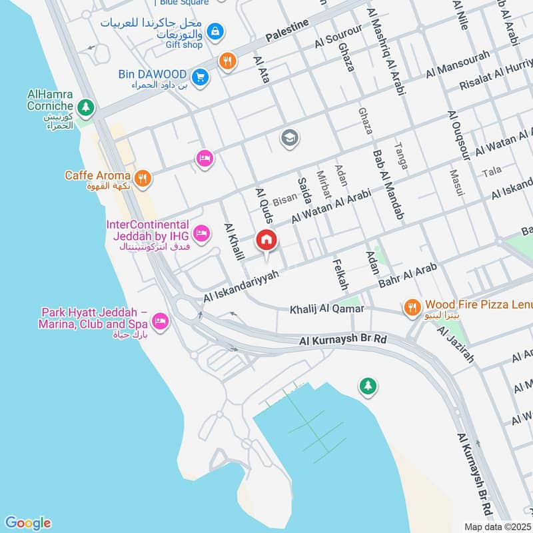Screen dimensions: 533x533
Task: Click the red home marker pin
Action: (x=266, y=240)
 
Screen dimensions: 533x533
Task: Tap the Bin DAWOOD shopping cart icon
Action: (x=201, y=77)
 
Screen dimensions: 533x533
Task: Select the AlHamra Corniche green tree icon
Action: (x=85, y=107)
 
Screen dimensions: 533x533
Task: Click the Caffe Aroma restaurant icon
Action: (x=142, y=178)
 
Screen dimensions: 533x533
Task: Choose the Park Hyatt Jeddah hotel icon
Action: (x=160, y=322)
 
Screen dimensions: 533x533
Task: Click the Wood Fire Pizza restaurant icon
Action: (x=413, y=306)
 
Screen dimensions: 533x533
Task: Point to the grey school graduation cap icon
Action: (x=290, y=138)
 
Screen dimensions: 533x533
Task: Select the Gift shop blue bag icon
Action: (x=215, y=31)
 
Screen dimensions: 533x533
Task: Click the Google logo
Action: (x=27, y=523)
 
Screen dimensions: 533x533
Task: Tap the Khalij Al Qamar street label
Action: (x=326, y=309)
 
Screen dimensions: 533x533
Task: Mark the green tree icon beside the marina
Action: (x=367, y=385)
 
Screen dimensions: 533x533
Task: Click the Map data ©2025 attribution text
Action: (x=498, y=526)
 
